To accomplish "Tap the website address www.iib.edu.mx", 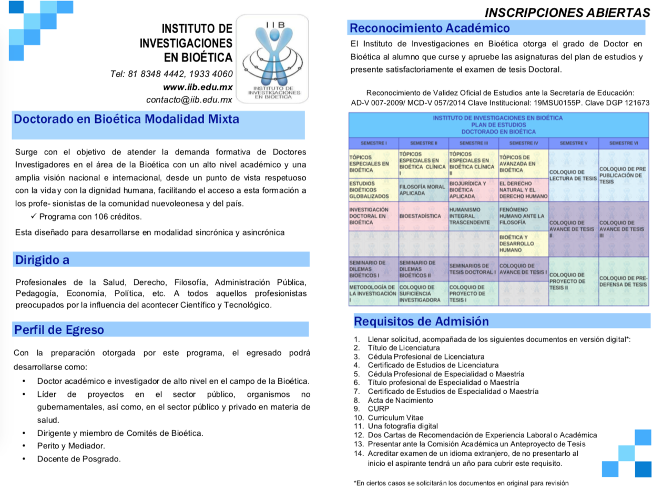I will tap(198, 87).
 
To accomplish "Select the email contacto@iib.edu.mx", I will tap(189, 99).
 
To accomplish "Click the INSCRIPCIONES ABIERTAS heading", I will tap(567, 13).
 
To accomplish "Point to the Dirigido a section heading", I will tap(42, 260).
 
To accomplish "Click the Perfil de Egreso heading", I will tap(59, 330).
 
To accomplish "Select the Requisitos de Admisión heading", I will tap(421, 321).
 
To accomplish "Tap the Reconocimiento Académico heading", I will tap(430, 28).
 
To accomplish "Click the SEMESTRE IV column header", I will tap(523, 143).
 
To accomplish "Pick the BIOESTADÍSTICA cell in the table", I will tap(420, 216).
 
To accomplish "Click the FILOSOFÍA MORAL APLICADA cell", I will tap(423, 190).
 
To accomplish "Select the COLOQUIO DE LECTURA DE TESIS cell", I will tap(573, 175).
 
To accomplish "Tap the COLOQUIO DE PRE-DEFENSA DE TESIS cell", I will tap(623, 281).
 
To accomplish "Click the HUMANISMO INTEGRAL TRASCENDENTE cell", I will tap(472, 216).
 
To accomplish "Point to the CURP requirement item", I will tap(379, 408).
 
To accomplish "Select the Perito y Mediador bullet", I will tap(71, 446).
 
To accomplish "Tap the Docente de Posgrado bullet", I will tap(79, 459).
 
